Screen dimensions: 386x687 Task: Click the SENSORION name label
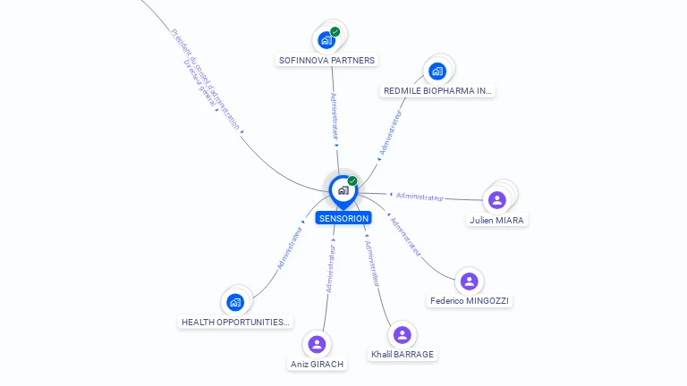(x=343, y=218)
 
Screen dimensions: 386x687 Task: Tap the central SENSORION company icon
(x=343, y=189)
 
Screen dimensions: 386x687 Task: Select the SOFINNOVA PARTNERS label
(x=327, y=60)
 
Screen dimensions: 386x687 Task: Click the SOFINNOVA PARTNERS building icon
(x=327, y=40)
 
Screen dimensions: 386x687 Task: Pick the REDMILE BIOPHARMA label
(x=437, y=90)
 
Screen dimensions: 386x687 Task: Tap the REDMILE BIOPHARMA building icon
(x=437, y=71)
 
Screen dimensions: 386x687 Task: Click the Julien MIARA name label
(x=497, y=220)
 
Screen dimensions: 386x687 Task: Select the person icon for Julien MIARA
(x=497, y=199)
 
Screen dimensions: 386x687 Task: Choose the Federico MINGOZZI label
(x=469, y=301)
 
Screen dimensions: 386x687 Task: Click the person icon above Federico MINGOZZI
(x=469, y=281)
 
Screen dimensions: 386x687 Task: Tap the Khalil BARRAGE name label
(x=403, y=354)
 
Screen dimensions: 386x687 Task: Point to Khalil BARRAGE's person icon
(x=403, y=334)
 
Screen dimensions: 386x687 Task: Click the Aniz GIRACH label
(x=317, y=364)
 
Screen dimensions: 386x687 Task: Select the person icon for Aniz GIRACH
(x=317, y=344)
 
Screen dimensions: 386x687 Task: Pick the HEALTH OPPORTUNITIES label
(x=235, y=322)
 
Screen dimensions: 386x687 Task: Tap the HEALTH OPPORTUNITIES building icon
(x=235, y=302)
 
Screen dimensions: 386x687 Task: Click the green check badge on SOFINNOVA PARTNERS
(x=335, y=32)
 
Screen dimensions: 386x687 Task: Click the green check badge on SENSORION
(x=352, y=180)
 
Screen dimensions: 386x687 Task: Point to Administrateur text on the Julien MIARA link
(x=420, y=196)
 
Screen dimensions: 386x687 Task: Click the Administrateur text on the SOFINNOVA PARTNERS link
(x=335, y=116)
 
